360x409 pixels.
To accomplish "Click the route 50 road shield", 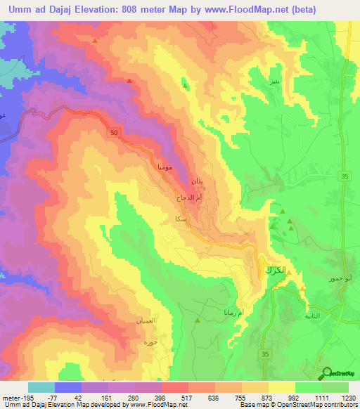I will (x=113, y=131).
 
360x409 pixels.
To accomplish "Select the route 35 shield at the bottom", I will (x=264, y=353).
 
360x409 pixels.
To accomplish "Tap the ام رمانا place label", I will (x=250, y=311).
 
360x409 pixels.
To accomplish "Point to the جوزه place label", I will (x=148, y=344).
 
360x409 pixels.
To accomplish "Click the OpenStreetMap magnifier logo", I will (x=328, y=374).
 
